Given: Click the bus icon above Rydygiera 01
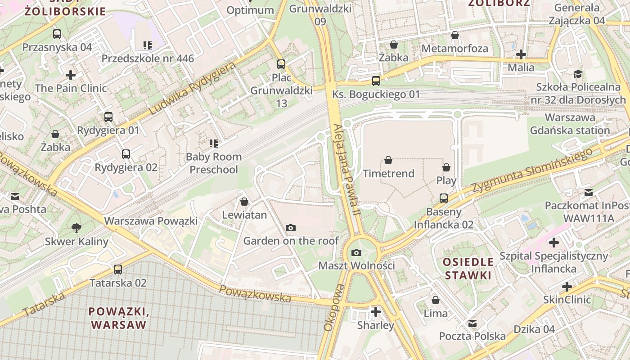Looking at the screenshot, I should click(108, 117).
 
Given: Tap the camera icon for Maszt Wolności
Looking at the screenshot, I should click(356, 252).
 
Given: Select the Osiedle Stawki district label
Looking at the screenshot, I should click(468, 268).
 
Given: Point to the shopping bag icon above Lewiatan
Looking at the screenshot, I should click(244, 202).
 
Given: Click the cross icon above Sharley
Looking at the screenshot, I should click(375, 311).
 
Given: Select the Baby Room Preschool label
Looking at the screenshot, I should click(214, 163).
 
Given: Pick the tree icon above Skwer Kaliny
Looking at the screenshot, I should click(76, 228).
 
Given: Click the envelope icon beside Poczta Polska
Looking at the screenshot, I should click(472, 324).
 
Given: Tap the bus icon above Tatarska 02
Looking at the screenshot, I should click(118, 270).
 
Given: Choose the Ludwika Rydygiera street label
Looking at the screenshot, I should click(192, 89).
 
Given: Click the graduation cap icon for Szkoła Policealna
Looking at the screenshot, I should click(578, 74).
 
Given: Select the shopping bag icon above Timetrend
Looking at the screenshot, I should click(388, 160).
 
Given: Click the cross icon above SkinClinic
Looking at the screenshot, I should click(567, 286).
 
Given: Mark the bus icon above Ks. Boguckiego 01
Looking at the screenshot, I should click(376, 81).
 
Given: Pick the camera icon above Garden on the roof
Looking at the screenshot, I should click(291, 228).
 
